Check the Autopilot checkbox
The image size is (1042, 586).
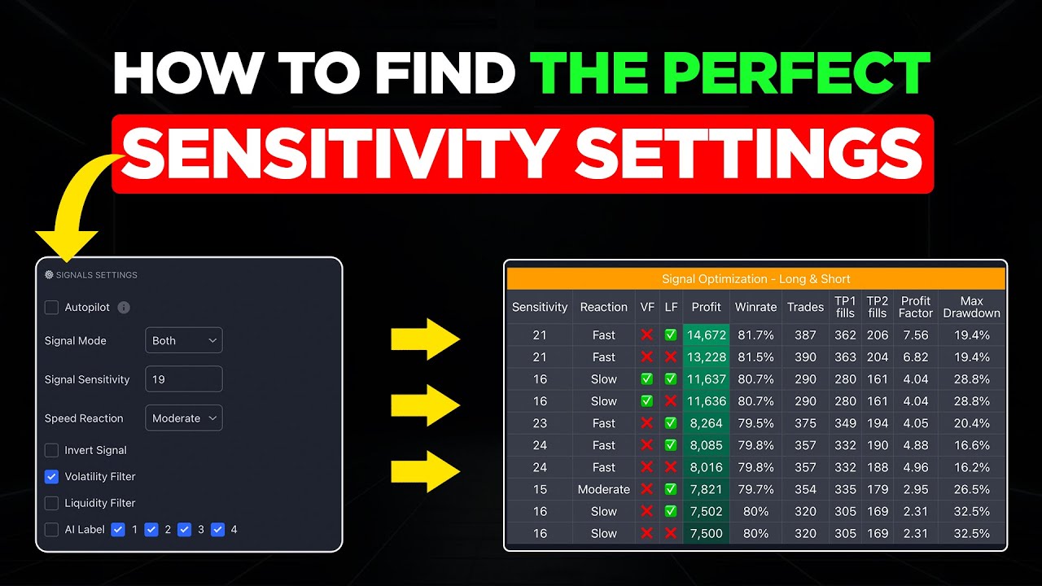pyautogui.click(x=51, y=308)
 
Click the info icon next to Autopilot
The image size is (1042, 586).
pyautogui.click(x=124, y=308)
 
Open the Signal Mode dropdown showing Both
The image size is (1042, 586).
pyautogui.click(x=183, y=340)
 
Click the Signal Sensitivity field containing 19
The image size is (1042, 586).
pyautogui.click(x=183, y=379)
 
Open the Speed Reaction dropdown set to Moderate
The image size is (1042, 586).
pyautogui.click(x=183, y=418)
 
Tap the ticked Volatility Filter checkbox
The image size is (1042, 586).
pyautogui.click(x=51, y=477)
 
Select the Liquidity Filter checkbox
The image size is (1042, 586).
pyautogui.click(x=51, y=503)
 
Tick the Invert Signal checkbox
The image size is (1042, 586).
pyautogui.click(x=51, y=450)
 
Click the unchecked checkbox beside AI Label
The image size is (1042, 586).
pyautogui.click(x=51, y=530)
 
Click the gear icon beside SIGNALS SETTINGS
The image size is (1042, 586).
pyautogui.click(x=49, y=275)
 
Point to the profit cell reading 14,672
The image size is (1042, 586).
pyautogui.click(x=706, y=335)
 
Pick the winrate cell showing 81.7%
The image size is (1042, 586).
pyautogui.click(x=755, y=335)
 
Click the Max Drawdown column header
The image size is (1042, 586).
pyautogui.click(x=971, y=307)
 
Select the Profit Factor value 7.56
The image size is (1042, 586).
pyautogui.click(x=915, y=335)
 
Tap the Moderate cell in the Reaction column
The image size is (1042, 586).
pyautogui.click(x=603, y=489)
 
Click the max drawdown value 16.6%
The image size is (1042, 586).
pyautogui.click(x=971, y=445)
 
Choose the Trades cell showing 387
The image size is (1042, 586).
pyautogui.click(x=806, y=335)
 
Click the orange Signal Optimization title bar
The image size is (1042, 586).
pyautogui.click(x=755, y=279)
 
